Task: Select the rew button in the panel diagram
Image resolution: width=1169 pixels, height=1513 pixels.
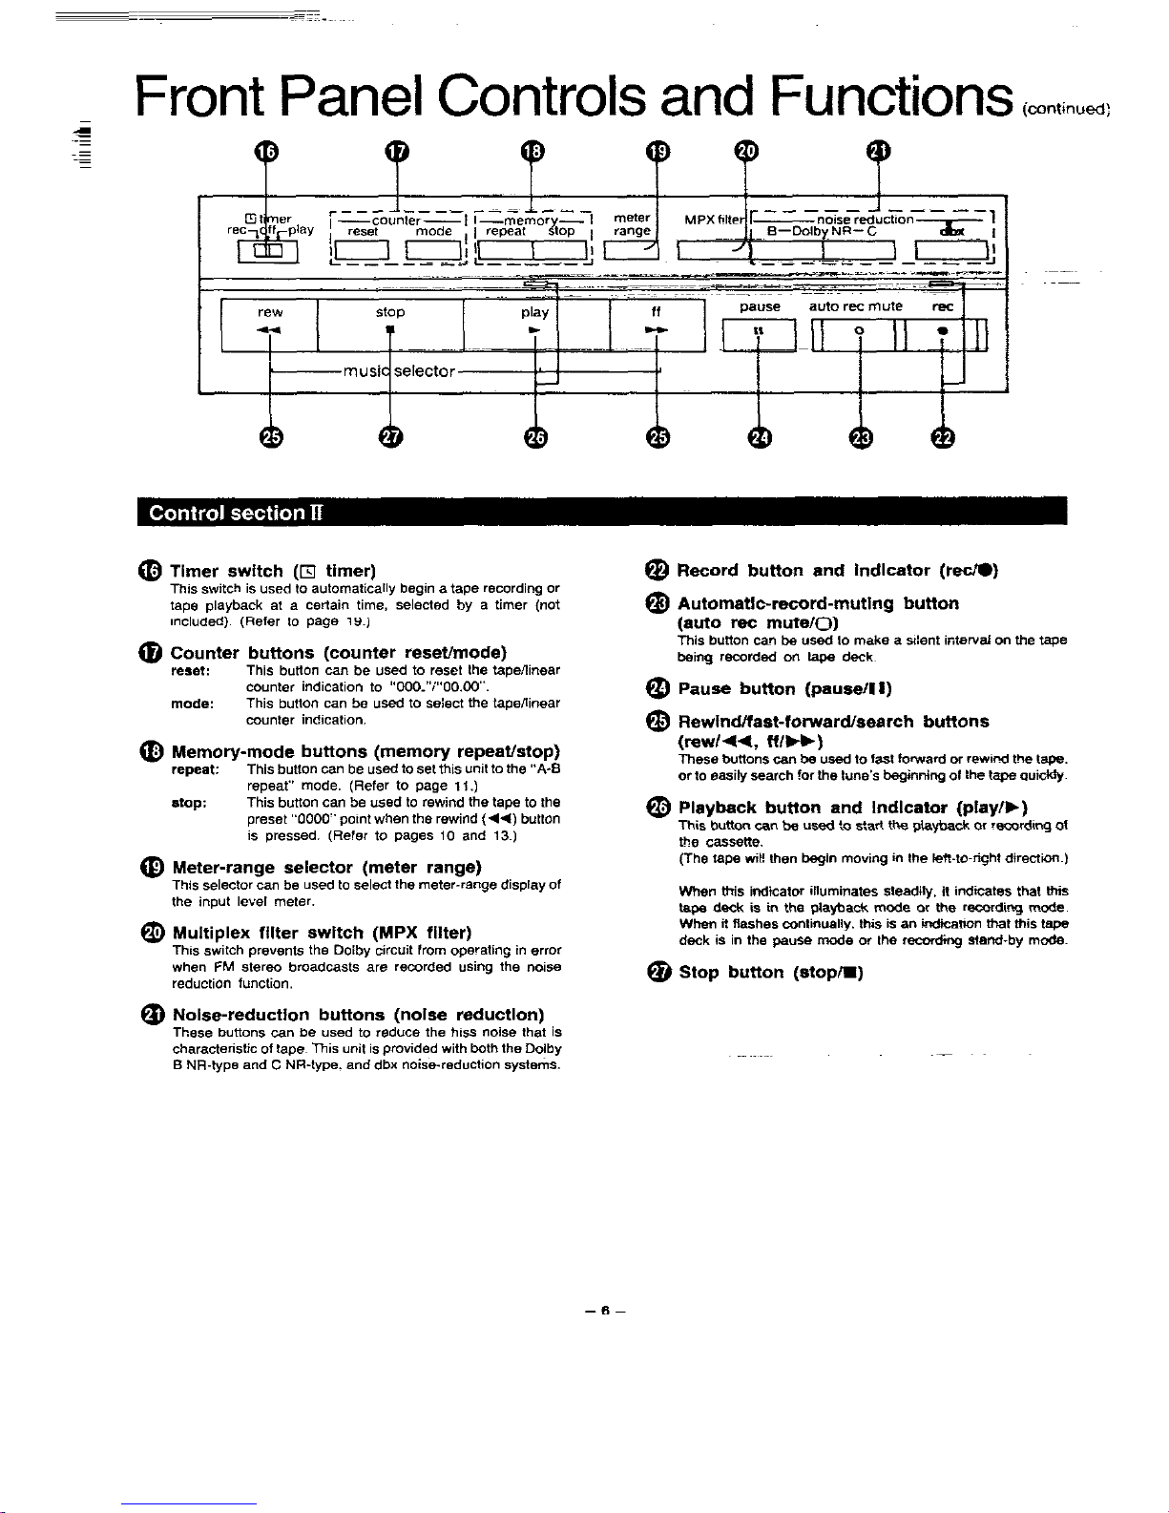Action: click(270, 325)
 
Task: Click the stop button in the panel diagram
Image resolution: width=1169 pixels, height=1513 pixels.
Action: click(389, 325)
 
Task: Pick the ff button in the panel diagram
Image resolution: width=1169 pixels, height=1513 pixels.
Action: click(657, 325)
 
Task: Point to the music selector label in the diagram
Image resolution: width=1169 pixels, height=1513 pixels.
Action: click(400, 370)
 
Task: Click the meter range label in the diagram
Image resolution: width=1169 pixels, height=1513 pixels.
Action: click(632, 224)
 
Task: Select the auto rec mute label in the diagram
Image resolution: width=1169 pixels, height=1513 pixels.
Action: click(855, 306)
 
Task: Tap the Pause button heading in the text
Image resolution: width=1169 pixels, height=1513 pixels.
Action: click(783, 688)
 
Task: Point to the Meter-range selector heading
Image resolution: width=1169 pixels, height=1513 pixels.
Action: click(326, 868)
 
